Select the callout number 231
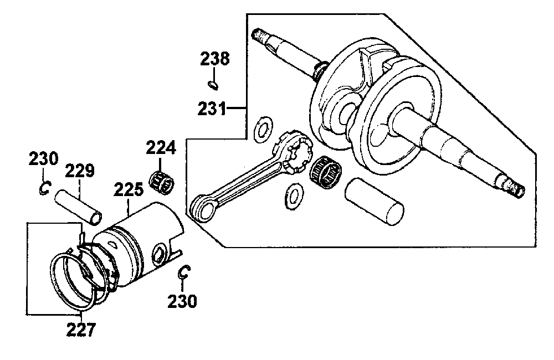pyautogui.click(x=212, y=109)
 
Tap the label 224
pyautogui.click(x=161, y=148)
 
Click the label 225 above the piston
pyautogui.click(x=129, y=189)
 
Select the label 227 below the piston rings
pyautogui.click(x=81, y=330)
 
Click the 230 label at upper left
pyautogui.click(x=43, y=158)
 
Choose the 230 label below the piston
pyautogui.click(x=182, y=301)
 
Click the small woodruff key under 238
pyautogui.click(x=213, y=85)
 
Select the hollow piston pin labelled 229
pyautogui.click(x=78, y=207)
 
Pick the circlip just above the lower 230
pyautogui.click(x=184, y=272)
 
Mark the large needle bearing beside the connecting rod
pyautogui.click(x=325, y=172)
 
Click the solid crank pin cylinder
pyautogui.click(x=374, y=202)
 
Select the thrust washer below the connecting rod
pyautogui.click(x=294, y=196)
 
